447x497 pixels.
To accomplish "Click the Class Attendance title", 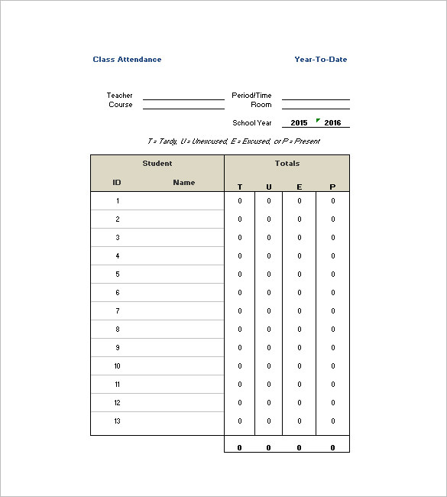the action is point(127,60).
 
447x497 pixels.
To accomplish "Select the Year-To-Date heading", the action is point(320,60).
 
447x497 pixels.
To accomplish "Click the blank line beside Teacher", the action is point(183,96).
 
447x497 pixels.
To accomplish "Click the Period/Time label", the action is point(251,96).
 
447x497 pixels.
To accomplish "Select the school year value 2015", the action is point(300,123).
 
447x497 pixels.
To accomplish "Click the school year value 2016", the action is point(333,123).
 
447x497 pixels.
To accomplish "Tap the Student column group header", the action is point(157,164).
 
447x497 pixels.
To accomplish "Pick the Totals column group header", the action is point(287,164).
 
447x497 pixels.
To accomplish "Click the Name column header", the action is point(184,183).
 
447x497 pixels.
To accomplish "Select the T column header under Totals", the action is point(240,187).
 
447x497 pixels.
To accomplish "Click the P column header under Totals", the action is point(332,187).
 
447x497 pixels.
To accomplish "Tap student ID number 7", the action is point(118,311).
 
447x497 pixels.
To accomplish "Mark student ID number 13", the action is point(118,421).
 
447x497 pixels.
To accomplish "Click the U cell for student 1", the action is point(269,201).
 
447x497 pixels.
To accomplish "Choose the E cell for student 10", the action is point(300,366).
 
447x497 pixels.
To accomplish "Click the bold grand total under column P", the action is point(333,448).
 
